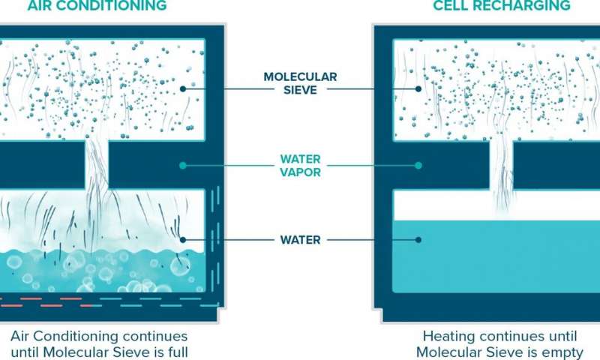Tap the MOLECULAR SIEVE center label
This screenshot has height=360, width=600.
(300, 83)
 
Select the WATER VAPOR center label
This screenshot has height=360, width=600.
(300, 165)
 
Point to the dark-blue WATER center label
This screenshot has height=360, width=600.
(300, 240)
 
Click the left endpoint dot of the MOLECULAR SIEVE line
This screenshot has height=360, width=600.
(182, 88)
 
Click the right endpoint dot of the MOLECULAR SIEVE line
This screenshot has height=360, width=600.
(418, 88)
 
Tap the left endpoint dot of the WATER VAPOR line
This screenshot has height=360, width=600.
(182, 165)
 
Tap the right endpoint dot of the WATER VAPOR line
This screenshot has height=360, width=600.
(418, 165)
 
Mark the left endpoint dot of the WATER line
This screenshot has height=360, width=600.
(182, 240)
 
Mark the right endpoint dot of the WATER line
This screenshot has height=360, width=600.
(418, 240)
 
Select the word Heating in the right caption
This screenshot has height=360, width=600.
(447, 336)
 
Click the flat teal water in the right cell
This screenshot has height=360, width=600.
(495, 259)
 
